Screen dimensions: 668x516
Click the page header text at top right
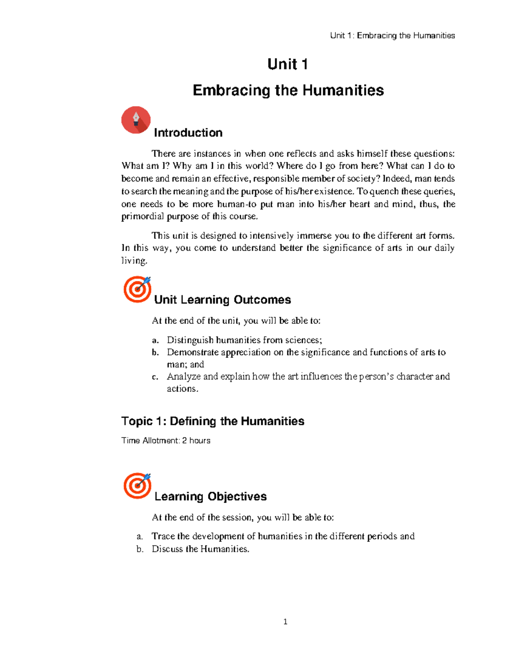pos(392,36)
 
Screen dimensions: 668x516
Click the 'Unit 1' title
pos(287,65)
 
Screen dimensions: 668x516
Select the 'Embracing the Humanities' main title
pos(288,90)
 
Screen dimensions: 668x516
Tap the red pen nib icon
pos(136,120)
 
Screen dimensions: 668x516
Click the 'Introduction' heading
pos(188,132)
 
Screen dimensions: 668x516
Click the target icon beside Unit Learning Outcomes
pos(137,289)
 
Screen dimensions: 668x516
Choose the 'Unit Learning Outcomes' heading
pos(222,300)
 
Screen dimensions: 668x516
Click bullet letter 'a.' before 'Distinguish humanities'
pos(156,340)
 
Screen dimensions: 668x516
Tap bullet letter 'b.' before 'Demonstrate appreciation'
pos(156,352)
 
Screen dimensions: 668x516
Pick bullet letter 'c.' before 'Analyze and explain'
pos(156,377)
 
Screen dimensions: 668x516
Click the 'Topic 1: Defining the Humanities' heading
pos(212,421)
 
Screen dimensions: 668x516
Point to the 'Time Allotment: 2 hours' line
pos(166,440)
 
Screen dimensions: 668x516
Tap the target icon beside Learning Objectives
pos(137,486)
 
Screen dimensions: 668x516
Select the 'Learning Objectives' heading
pos(210,496)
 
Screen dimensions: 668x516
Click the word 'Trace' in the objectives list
pos(163,536)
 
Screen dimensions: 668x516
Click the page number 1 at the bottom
pos(286,622)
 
